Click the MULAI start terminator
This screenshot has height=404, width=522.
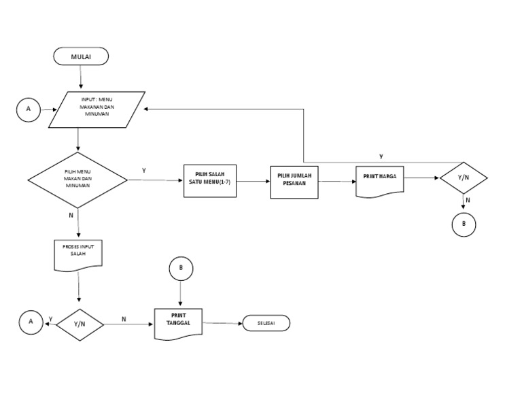pyautogui.click(x=81, y=56)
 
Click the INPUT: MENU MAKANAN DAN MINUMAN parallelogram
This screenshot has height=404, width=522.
pyautogui.click(x=97, y=109)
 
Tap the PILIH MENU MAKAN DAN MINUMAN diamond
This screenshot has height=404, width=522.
pyautogui.click(x=77, y=180)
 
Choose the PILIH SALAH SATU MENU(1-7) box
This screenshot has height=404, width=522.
pyautogui.click(x=210, y=181)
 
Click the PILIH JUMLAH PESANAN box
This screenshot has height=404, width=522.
pyautogui.click(x=294, y=181)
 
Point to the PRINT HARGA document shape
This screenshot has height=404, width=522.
pyautogui.click(x=380, y=180)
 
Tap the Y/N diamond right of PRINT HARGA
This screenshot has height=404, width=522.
pyautogui.click(x=464, y=178)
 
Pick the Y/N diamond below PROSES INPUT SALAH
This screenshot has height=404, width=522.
pyautogui.click(x=80, y=324)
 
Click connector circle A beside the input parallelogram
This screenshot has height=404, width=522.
pyautogui.click(x=29, y=109)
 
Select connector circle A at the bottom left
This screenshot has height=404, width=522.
pyautogui.click(x=30, y=324)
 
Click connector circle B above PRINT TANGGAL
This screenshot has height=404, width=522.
pyautogui.click(x=181, y=269)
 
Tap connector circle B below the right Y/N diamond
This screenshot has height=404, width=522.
pyautogui.click(x=464, y=224)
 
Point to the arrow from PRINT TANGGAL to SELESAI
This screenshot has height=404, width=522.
pyautogui.click(x=224, y=323)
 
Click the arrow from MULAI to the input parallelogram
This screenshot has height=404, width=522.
pyautogui.click(x=81, y=78)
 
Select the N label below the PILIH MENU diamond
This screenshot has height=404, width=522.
pyautogui.click(x=71, y=216)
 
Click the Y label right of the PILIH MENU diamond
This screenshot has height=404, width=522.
pyautogui.click(x=143, y=169)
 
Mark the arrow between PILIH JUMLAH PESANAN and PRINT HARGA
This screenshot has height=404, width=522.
pyautogui.click(x=337, y=181)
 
